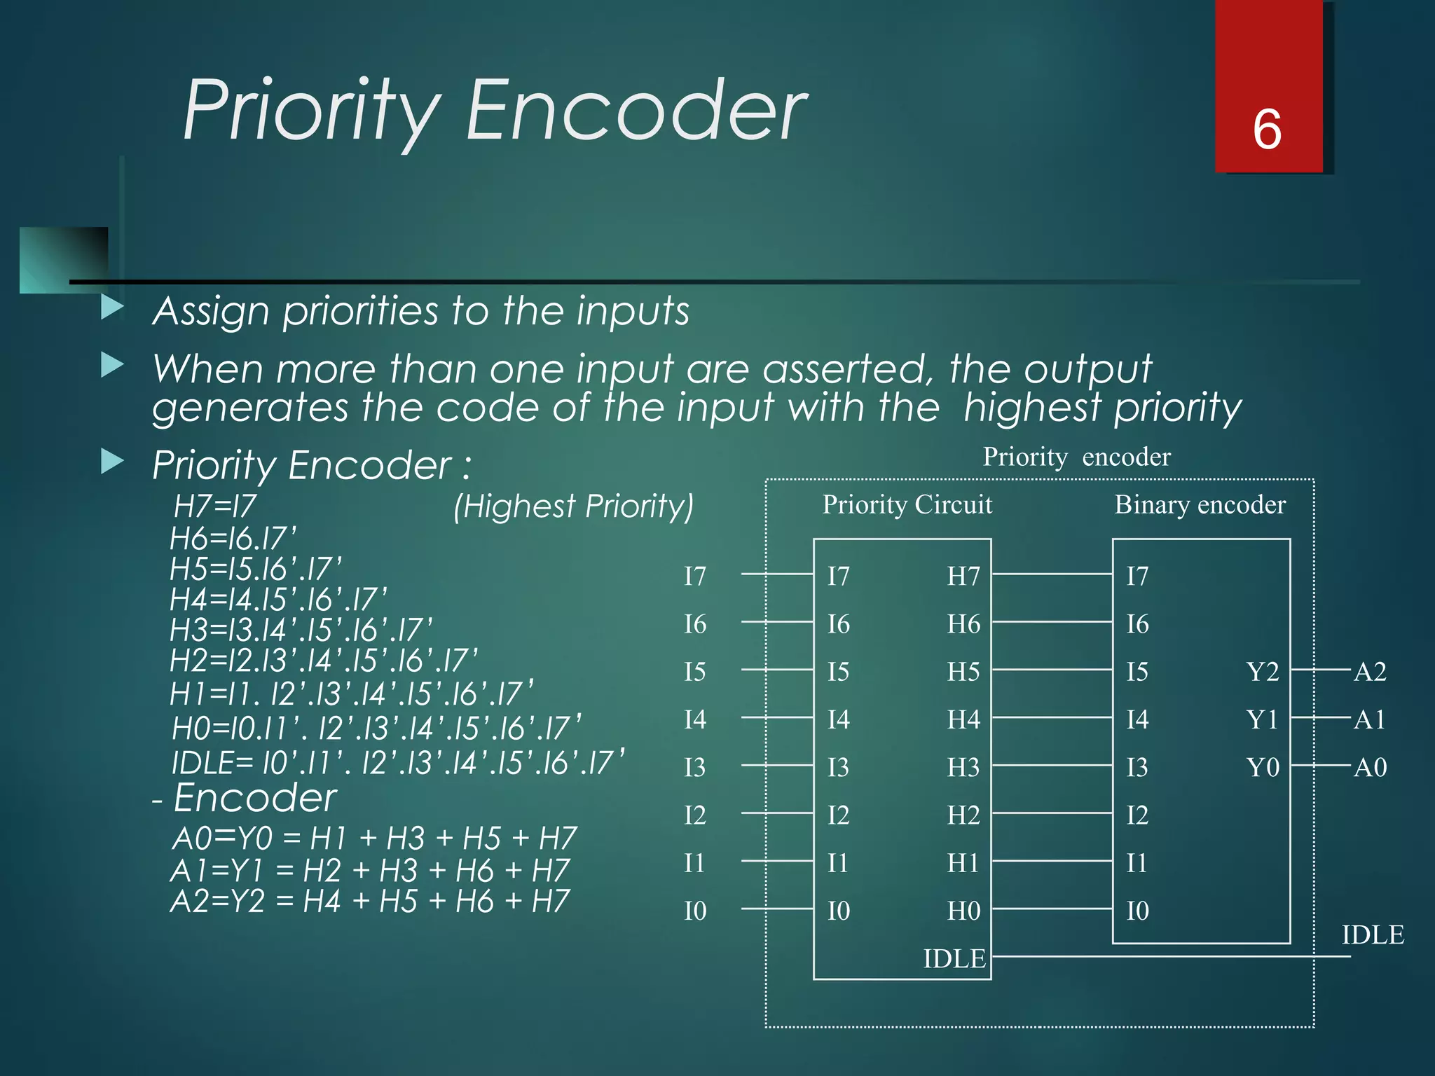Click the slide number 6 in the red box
point(1267,130)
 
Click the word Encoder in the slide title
point(636,111)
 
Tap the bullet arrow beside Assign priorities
point(112,307)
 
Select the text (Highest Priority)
point(573,506)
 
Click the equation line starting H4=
point(278,600)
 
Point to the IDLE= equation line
point(398,763)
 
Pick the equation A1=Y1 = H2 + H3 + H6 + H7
point(370,871)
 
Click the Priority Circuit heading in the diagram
point(907,504)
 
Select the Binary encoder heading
point(1200,504)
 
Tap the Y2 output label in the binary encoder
point(1263,672)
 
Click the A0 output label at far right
point(1370,768)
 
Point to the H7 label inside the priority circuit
point(963,577)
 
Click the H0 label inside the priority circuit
point(963,911)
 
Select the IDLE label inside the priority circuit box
point(954,958)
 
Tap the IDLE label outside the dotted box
point(1372,935)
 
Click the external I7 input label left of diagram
point(695,577)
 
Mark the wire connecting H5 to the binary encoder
point(1051,670)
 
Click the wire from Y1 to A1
point(1320,718)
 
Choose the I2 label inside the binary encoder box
point(1137,815)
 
